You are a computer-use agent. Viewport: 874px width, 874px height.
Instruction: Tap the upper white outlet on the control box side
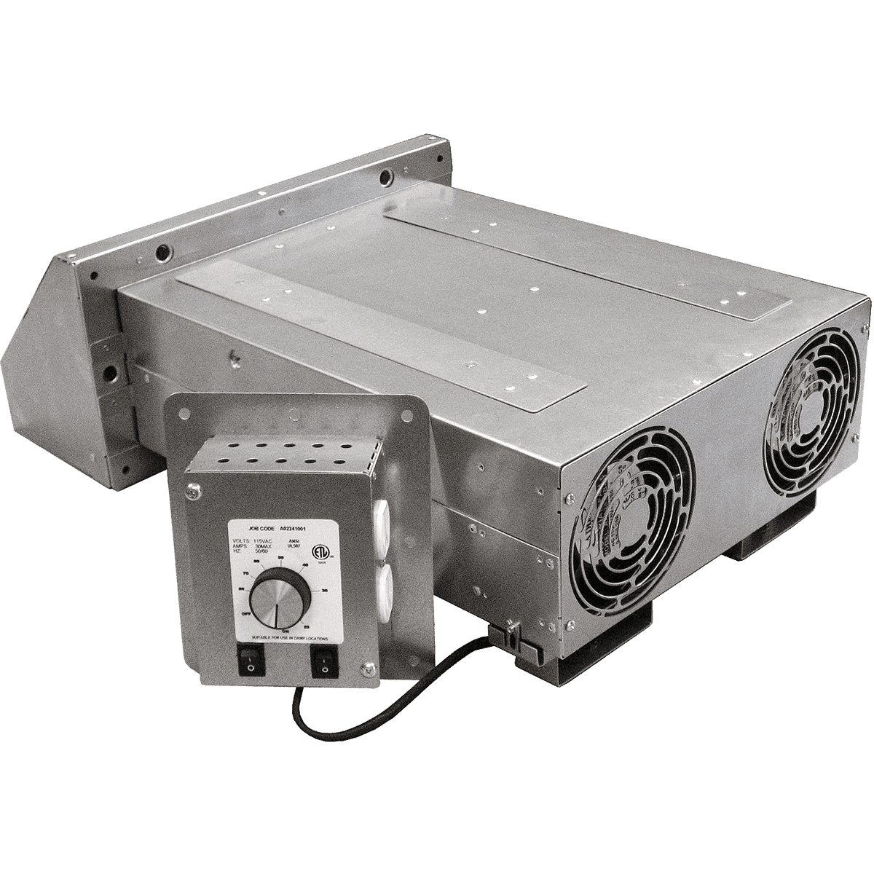pos(383,521)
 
